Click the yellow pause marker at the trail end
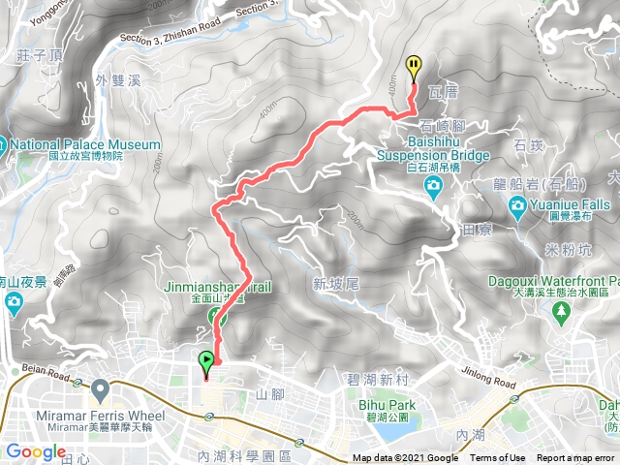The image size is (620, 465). [x=415, y=66]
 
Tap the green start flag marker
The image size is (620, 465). [x=206, y=363]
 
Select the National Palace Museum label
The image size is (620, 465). [x=85, y=145]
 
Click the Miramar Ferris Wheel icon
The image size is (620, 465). [x=100, y=388]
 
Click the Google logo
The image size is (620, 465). [x=36, y=451]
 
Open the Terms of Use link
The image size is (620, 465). [x=498, y=458]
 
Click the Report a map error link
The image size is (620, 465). [x=575, y=458]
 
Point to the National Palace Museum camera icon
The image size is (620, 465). [x=4, y=145]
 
